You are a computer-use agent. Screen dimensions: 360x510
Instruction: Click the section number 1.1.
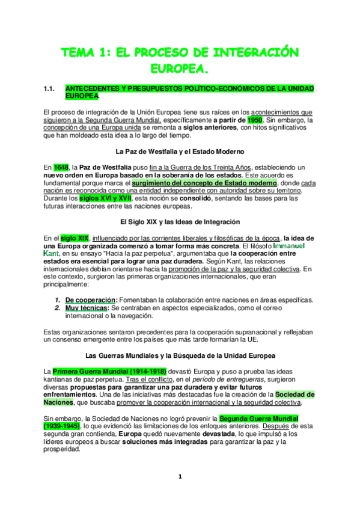pos(50,88)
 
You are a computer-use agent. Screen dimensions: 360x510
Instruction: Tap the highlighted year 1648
pos(61,167)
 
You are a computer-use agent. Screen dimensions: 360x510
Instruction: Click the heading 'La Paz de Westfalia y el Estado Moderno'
pos(180,151)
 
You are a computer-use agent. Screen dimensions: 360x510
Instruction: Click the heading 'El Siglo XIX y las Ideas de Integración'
pos(180,221)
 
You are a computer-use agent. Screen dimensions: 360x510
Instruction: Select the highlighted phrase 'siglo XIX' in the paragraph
pos(75,238)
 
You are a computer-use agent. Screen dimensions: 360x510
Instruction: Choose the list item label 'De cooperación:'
pos(91,300)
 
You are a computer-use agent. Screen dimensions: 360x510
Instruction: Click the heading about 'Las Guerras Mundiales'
pos(180,355)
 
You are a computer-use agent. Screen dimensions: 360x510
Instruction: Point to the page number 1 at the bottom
pos(180,477)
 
